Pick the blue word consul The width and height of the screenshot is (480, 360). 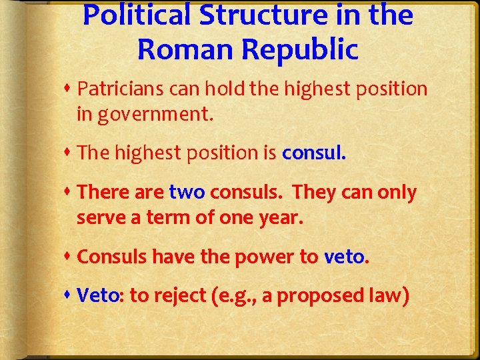(x=314, y=153)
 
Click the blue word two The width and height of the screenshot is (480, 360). (x=187, y=193)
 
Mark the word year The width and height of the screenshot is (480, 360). (x=280, y=217)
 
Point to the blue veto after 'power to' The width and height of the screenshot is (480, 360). (x=345, y=257)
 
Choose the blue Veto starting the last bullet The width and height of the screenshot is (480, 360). (x=98, y=295)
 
